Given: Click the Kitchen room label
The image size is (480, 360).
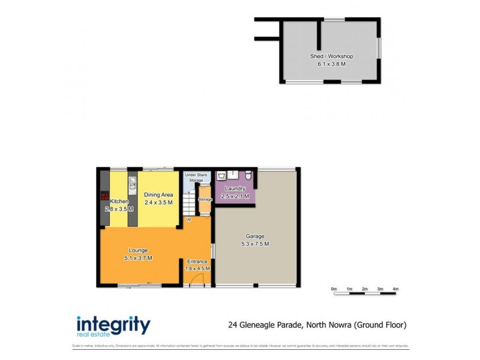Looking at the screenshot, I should [x=119, y=202].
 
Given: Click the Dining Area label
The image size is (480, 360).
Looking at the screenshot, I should [x=158, y=194].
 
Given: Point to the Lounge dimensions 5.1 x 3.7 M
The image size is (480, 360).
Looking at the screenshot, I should [x=138, y=258].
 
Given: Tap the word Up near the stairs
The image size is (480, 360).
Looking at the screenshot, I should [x=188, y=219].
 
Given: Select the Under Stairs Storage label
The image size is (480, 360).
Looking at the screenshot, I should [x=196, y=177].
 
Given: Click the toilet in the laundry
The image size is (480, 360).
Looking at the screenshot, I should [x=248, y=175].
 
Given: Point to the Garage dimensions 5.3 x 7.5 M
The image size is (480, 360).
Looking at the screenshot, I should [x=255, y=244].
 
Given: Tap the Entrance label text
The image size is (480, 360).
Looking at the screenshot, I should [x=197, y=262].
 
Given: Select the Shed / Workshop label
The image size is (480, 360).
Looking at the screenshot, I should [x=331, y=56].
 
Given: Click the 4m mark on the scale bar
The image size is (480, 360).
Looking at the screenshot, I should [x=395, y=289].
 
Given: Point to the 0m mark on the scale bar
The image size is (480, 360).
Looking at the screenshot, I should [x=334, y=289].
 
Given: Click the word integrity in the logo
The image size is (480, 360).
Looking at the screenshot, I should [x=113, y=324].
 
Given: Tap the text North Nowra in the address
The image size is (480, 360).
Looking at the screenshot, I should [x=329, y=325].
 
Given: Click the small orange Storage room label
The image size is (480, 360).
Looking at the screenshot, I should [x=205, y=199].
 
